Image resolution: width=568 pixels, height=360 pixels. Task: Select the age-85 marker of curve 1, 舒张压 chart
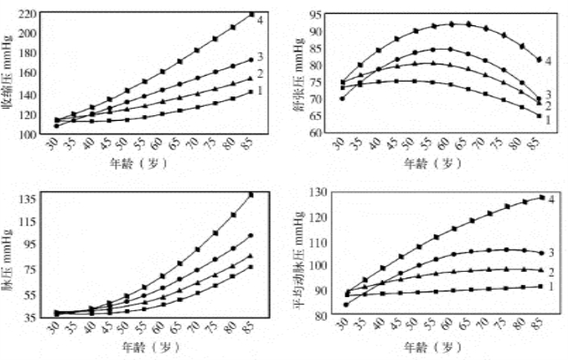[539, 116]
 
